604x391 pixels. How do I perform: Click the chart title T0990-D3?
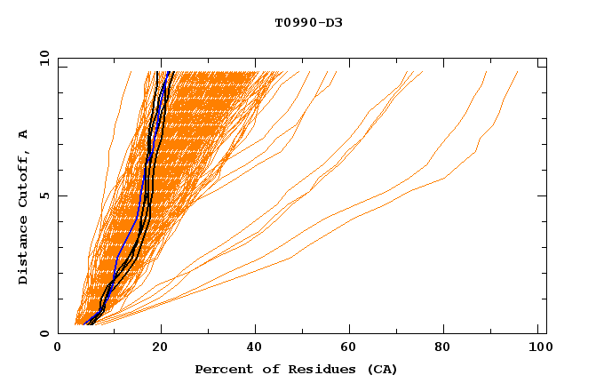click(x=308, y=22)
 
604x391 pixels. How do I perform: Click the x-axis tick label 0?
click(x=58, y=349)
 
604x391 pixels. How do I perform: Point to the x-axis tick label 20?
click(x=159, y=349)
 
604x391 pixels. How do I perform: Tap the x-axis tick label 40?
click(x=255, y=349)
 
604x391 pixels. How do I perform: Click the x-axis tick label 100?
click(x=536, y=349)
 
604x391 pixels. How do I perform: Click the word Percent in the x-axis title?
click(x=222, y=369)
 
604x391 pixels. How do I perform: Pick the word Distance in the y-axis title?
click(x=24, y=251)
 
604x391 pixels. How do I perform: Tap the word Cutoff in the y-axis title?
click(x=24, y=178)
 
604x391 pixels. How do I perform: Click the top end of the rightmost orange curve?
click(x=518, y=72)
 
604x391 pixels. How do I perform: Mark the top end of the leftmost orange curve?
click(x=131, y=72)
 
